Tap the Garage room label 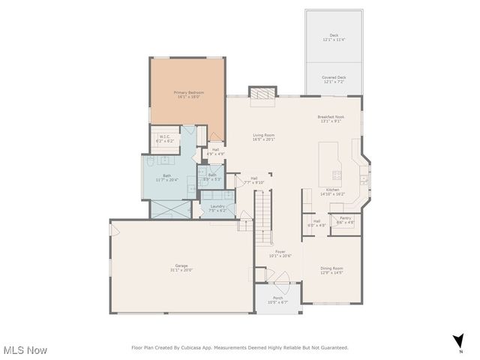point(182,268)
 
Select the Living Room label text point(263,136)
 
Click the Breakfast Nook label point(330,118)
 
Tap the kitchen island point(330,163)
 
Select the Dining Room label point(331,270)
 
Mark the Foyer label point(280,253)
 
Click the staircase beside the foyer point(262,217)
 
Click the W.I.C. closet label point(164,138)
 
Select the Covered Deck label point(334,79)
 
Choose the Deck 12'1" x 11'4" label point(334,37)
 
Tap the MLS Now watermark point(25,350)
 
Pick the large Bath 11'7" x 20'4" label point(164,178)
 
